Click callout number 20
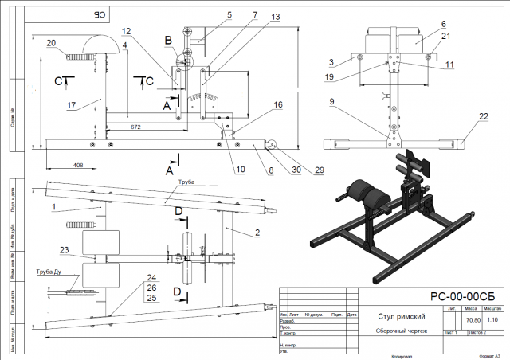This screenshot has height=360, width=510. coord(51,43)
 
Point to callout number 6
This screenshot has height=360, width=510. coord(444,24)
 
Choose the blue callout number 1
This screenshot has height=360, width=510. coord(53,205)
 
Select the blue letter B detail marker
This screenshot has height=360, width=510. coord(168,39)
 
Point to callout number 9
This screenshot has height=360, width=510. coord(332,102)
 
